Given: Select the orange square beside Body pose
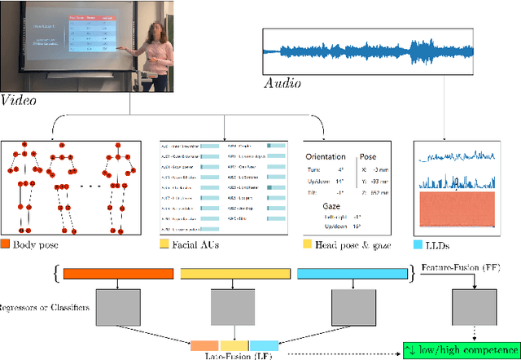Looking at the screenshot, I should (x=6, y=242).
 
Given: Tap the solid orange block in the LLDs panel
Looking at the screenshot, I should (x=455, y=209).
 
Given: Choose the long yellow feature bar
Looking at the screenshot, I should (x=234, y=274).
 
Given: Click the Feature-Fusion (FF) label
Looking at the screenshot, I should (x=473, y=266).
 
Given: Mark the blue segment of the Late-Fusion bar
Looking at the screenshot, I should (x=264, y=345).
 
